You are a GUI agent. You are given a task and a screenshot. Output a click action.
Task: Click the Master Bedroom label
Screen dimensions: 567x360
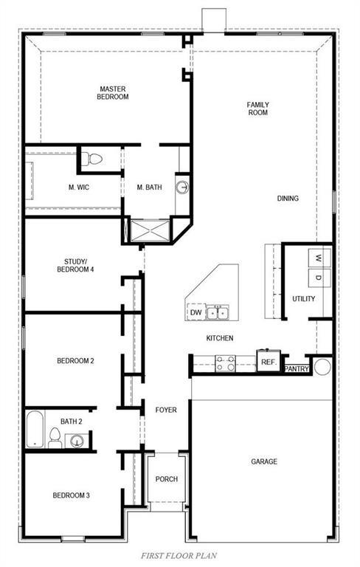[x=114, y=92]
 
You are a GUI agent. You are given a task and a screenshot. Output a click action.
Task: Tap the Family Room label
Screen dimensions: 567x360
[x=257, y=109]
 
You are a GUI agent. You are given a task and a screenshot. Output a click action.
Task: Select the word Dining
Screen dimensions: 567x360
[x=288, y=198]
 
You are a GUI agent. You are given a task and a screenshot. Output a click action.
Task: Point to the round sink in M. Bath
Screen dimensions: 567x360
[x=182, y=188]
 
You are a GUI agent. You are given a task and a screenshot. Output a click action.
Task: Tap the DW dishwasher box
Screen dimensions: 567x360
[x=195, y=313]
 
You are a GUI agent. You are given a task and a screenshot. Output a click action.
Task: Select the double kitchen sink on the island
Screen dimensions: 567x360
[x=218, y=313]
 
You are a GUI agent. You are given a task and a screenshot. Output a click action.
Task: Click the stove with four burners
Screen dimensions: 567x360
[x=225, y=362]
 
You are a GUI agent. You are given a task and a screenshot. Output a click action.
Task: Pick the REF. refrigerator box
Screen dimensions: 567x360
[x=268, y=362]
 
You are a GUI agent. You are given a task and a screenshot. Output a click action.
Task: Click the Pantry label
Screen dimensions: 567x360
[x=297, y=368]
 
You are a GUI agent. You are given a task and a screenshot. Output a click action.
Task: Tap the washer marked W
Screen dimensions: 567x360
[x=318, y=258]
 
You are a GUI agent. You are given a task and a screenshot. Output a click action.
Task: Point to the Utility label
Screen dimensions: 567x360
[x=303, y=299]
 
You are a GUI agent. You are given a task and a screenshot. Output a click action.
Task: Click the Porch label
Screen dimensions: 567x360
[x=166, y=479]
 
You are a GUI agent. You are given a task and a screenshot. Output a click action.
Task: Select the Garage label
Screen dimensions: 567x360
[x=263, y=461]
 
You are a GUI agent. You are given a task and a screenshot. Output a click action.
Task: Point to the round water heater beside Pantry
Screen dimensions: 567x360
[x=322, y=365]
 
